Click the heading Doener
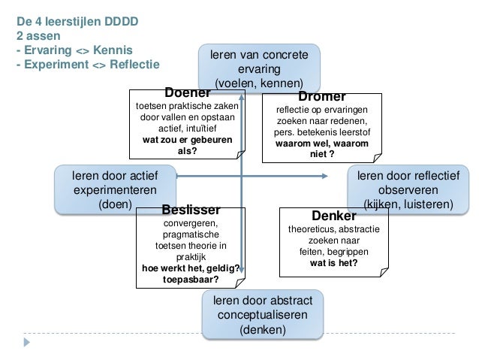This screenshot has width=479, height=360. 187,93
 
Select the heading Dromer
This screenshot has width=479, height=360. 322,97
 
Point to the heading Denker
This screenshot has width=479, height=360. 334,216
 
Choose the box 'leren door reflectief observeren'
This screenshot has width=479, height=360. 408,190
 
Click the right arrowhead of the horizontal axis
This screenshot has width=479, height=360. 324,177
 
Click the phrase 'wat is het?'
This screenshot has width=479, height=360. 334,264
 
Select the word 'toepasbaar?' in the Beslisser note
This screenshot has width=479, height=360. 191,280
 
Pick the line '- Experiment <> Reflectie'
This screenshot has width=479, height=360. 88,64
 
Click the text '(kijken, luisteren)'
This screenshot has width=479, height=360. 408,204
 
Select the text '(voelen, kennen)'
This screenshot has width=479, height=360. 259,83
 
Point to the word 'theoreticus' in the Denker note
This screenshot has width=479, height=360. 312,228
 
